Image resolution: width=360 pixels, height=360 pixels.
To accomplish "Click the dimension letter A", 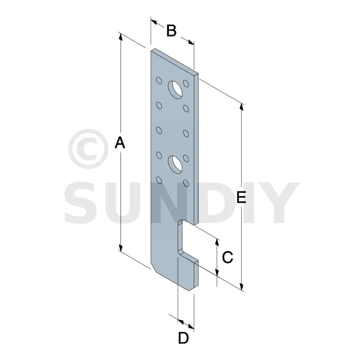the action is point(120,142).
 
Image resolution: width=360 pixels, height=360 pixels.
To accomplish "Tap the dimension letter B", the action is point(171,31).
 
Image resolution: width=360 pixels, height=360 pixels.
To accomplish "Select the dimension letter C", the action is point(227,257).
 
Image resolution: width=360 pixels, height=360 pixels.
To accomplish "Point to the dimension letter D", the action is point(183,338).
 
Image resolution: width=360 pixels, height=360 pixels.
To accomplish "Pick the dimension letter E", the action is point(241,197).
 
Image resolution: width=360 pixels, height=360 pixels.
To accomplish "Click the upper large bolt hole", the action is point(175,90).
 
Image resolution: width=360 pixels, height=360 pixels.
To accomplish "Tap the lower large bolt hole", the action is point(175,164).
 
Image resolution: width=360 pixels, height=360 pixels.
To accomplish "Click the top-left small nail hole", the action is point(159,81).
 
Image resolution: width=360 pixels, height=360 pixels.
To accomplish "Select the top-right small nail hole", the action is point(186,83).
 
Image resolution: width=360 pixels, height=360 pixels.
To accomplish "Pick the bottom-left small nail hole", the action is point(159,180).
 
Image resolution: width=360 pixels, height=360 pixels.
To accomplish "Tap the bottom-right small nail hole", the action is point(186,183).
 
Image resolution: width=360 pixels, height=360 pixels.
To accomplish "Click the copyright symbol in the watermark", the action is point(88,149).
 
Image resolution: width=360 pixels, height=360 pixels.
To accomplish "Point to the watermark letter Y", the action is point(280,202).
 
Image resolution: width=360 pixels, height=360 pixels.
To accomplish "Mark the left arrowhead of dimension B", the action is point(154,22).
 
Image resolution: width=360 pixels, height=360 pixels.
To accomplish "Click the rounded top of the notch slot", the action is point(182,222).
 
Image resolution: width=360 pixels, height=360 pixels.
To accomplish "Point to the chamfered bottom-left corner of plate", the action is point(153,268).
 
